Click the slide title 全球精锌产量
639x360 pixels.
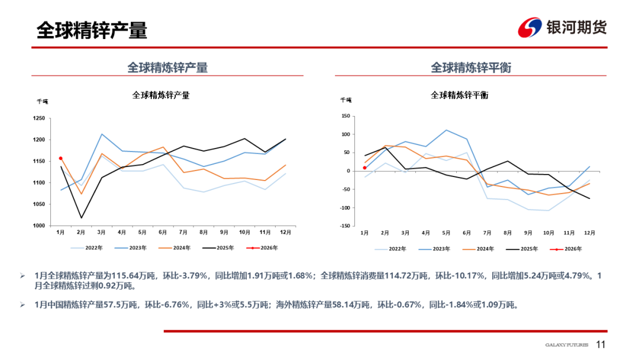click(92, 30)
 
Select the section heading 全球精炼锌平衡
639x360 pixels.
click(470, 67)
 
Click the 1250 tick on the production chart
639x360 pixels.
click(39, 118)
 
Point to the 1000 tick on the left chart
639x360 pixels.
click(39, 226)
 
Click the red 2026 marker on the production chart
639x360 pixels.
click(60, 159)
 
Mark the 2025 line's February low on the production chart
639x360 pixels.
click(81, 218)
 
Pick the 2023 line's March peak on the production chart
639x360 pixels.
click(102, 134)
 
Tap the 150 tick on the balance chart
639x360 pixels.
click(345, 116)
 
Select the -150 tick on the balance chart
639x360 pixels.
click(343, 226)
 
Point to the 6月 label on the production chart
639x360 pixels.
click(163, 233)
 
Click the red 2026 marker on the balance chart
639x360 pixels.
click(364, 168)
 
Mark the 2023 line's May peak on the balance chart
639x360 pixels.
click(447, 130)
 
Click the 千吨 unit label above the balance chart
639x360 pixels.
click(346, 101)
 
